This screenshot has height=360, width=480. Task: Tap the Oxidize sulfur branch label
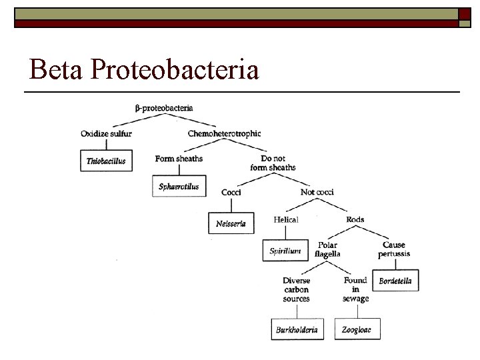pyautogui.click(x=106, y=133)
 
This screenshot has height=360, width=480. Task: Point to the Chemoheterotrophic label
pyautogui.click(x=224, y=133)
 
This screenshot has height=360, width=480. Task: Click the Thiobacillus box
pyautogui.click(x=106, y=161)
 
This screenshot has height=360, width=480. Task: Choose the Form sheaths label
pyautogui.click(x=179, y=159)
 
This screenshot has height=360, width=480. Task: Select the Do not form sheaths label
pyautogui.click(x=277, y=163)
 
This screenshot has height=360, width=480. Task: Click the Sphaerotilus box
pyautogui.click(x=179, y=187)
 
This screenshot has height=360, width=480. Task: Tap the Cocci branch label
pyautogui.click(x=231, y=192)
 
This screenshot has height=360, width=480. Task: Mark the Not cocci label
pyautogui.click(x=317, y=192)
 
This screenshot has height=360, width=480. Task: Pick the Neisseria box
pyautogui.click(x=231, y=223)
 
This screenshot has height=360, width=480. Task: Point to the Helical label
pyautogui.click(x=286, y=219)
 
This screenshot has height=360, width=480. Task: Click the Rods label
pyautogui.click(x=355, y=219)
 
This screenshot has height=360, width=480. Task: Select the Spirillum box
pyautogui.click(x=285, y=251)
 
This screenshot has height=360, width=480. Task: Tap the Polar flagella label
pyautogui.click(x=327, y=249)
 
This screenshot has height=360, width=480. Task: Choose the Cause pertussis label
pyautogui.click(x=394, y=249)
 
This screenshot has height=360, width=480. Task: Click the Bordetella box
pyautogui.click(x=395, y=281)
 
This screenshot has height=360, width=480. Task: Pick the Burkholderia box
pyautogui.click(x=297, y=329)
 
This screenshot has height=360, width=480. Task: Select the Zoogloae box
pyautogui.click(x=357, y=329)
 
